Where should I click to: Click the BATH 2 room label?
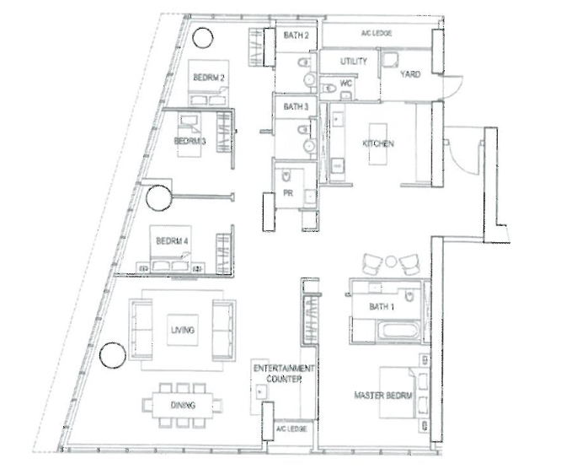pos(296,35)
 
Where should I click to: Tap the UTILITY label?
pos(354,62)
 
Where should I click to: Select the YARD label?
pos(410,74)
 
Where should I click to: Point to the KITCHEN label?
pos(378,143)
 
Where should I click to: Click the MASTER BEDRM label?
pos(382,396)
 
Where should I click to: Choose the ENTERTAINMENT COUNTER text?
pos(284,374)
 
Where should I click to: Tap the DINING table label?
pos(183,405)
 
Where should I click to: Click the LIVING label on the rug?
pos(183,330)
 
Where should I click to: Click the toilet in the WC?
pos(328,88)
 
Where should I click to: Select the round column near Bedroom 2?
pos(203,37)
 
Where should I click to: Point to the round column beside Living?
pos(113,355)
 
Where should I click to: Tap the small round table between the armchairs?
pos(391,261)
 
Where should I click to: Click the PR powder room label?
pos(288,193)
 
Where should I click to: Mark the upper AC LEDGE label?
pos(377,34)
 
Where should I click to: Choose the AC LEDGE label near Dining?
pos(291,429)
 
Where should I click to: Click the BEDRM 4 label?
pos(172,241)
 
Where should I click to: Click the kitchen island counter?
pos(378,144)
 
